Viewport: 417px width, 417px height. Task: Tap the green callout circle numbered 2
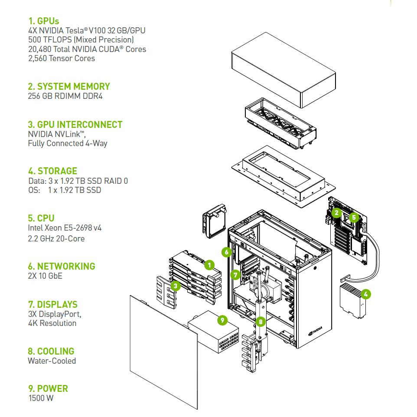(x=336, y=212)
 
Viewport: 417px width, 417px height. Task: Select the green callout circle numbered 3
(x=175, y=286)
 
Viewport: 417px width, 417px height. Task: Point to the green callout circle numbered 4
(x=366, y=294)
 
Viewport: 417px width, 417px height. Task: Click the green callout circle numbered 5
(x=354, y=217)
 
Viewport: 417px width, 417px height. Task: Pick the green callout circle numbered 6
(x=226, y=252)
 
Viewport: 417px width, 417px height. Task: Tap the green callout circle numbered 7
(x=235, y=274)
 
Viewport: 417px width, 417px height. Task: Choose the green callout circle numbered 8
(x=260, y=321)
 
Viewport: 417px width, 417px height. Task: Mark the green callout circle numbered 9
(x=222, y=320)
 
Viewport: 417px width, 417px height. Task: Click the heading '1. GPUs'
(x=44, y=21)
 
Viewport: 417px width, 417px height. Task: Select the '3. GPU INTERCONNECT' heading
(x=75, y=124)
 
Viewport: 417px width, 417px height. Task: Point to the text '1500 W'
(x=41, y=398)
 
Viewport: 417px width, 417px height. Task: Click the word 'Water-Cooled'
(x=52, y=361)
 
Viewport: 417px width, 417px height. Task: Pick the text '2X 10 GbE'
(x=45, y=275)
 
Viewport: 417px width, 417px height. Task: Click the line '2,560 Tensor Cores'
(x=61, y=58)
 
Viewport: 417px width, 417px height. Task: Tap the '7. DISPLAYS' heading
(x=52, y=304)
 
